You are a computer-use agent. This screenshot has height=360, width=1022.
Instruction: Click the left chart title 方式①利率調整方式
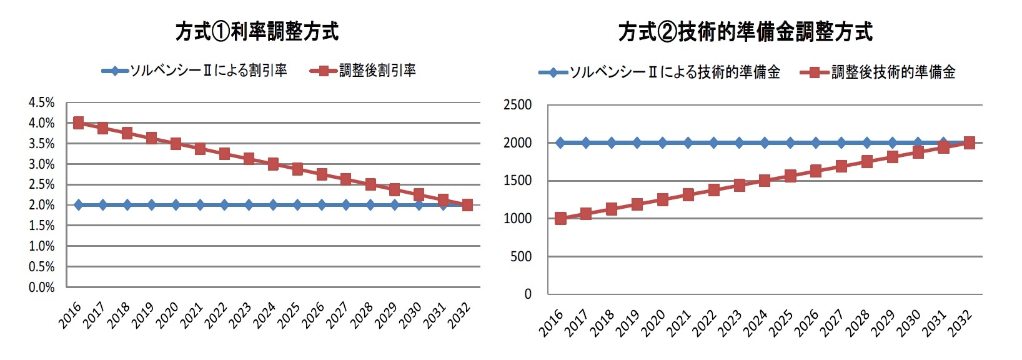(x=257, y=31)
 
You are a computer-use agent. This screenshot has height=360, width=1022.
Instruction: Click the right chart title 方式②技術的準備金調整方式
(x=745, y=32)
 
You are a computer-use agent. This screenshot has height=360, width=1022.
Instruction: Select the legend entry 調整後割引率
(x=377, y=71)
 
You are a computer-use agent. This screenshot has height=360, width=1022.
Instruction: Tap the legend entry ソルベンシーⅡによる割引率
(x=208, y=71)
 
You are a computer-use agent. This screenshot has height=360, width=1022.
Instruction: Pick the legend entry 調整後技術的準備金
(x=893, y=72)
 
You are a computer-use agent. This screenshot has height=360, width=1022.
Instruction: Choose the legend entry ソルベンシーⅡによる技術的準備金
(x=674, y=72)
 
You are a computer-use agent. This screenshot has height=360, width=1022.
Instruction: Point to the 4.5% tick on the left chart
(x=41, y=102)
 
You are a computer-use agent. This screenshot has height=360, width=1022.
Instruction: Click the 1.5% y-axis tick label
(x=41, y=226)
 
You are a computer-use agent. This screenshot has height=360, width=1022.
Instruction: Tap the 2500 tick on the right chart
(x=517, y=105)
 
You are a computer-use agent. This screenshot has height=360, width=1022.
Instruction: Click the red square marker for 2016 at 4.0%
(x=78, y=123)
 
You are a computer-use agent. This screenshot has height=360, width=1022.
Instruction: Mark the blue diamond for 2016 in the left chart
(x=78, y=205)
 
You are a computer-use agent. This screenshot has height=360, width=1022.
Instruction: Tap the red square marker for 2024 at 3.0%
(x=273, y=164)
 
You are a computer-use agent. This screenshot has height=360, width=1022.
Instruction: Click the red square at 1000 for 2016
(x=560, y=218)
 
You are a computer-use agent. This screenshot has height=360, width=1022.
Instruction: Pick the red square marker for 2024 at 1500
(x=765, y=181)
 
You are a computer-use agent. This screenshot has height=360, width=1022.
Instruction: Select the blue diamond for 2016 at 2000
(x=560, y=142)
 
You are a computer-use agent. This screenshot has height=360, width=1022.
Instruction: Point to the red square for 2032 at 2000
(x=969, y=142)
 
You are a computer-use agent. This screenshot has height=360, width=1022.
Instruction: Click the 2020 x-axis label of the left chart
(x=167, y=315)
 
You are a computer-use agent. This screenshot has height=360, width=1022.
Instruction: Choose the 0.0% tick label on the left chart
(x=41, y=287)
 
